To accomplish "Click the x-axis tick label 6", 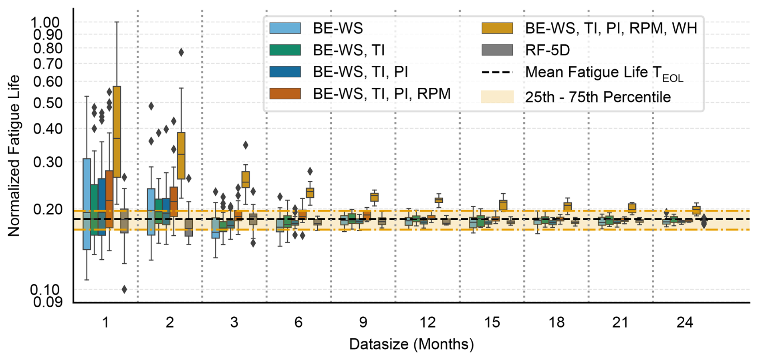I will click(x=298, y=322).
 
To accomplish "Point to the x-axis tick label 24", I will click(x=685, y=322).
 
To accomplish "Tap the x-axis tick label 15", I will click(x=492, y=322).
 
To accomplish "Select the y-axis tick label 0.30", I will click(x=48, y=162).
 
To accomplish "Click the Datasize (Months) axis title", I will click(x=411, y=344).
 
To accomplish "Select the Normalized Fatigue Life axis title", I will click(x=14, y=156).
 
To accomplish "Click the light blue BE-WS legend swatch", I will click(x=285, y=28).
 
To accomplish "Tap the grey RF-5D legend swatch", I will click(x=497, y=50).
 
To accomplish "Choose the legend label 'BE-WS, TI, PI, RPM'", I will click(x=382, y=94).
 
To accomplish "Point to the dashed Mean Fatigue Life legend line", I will click(x=497, y=73).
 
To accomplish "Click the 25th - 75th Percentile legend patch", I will click(x=497, y=97).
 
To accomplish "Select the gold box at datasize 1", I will click(x=117, y=131).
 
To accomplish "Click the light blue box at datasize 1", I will click(x=87, y=204).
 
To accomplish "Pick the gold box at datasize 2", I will click(x=181, y=156).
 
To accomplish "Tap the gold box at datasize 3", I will click(x=246, y=179).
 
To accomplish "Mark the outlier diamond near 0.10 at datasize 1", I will click(x=124, y=289).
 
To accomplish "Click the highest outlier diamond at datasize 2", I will click(x=181, y=52).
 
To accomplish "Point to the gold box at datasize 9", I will click(x=375, y=197).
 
